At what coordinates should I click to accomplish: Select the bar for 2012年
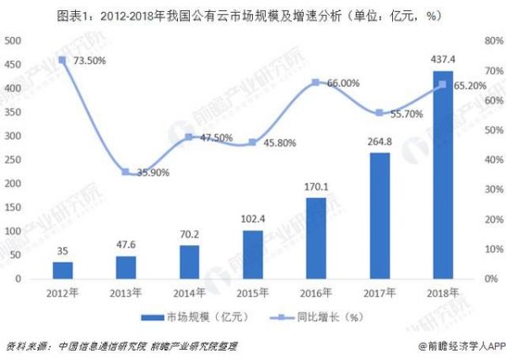[x=62, y=270]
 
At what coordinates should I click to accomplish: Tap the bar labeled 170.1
[x=315, y=238]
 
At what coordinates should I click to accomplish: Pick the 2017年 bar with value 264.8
[x=379, y=215]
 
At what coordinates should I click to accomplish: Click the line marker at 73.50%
[x=62, y=60]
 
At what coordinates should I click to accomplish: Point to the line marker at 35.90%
[x=126, y=172]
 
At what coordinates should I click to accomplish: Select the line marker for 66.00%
[x=315, y=83]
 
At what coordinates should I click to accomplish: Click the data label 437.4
[x=442, y=59]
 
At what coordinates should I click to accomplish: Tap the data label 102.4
[x=252, y=218]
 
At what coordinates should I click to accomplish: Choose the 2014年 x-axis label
[x=189, y=292]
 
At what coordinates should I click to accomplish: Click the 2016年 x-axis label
[x=315, y=292]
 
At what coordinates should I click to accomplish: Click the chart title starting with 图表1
[x=253, y=14]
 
